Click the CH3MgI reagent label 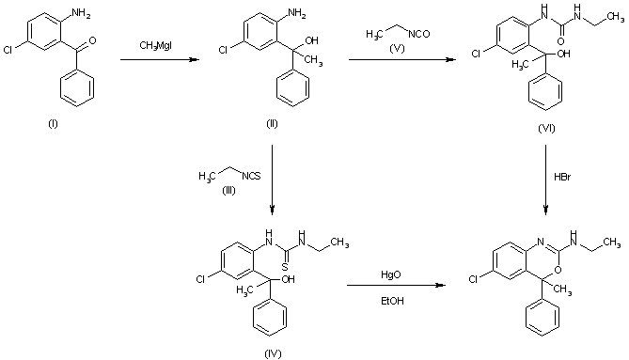[x=154, y=45]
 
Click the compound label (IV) [x=272, y=352]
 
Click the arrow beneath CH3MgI [x=161, y=60]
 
